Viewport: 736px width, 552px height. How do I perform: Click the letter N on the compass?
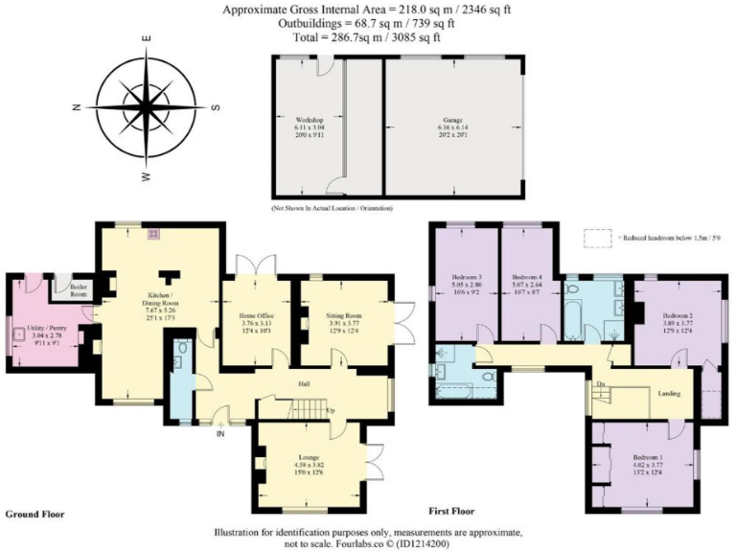(76, 106)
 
